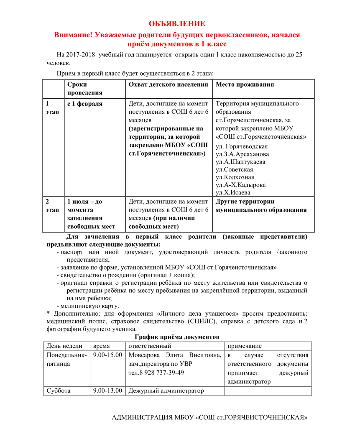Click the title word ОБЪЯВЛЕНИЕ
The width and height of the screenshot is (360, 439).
tap(177, 24)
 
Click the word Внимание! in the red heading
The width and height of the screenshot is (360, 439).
tap(73, 35)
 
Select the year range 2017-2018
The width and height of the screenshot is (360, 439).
tap(81, 55)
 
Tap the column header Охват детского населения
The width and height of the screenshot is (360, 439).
tap(168, 84)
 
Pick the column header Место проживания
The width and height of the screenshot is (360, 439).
tap(245, 84)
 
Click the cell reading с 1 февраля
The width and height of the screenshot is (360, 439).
tap(85, 104)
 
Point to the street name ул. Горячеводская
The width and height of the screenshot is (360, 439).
tap(242, 146)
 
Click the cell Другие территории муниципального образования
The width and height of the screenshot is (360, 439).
tap(261, 206)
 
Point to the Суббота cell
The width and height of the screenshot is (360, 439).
tap(59, 391)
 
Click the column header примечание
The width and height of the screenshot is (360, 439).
tap(245, 346)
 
